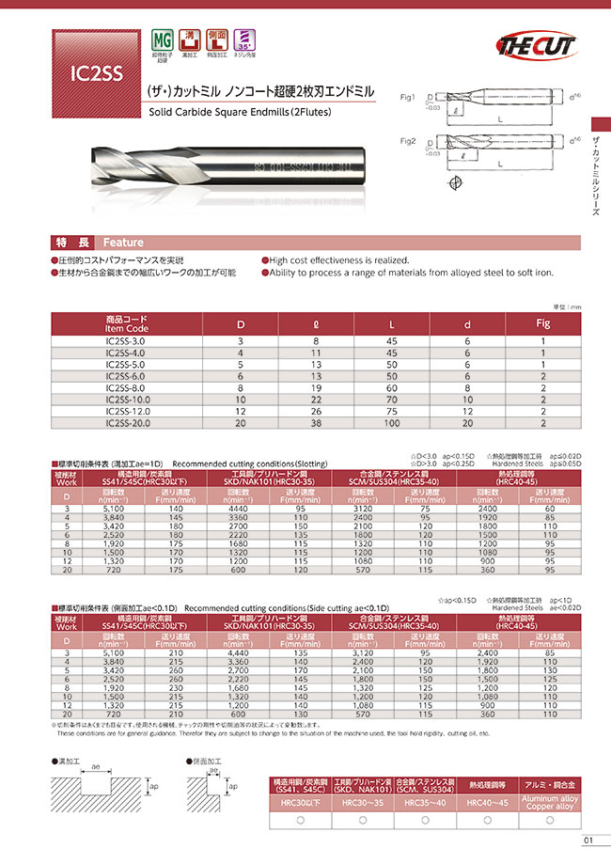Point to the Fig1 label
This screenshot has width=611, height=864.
(x=408, y=97)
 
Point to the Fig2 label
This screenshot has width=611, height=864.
(x=408, y=140)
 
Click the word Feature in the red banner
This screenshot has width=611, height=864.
(x=123, y=241)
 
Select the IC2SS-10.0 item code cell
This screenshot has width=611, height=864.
(x=128, y=399)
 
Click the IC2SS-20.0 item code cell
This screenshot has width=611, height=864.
(x=128, y=423)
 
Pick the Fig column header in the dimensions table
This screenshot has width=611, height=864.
(x=541, y=322)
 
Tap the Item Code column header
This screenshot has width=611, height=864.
(x=128, y=322)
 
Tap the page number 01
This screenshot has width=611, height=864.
(x=588, y=840)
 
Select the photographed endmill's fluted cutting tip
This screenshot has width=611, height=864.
(x=122, y=168)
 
